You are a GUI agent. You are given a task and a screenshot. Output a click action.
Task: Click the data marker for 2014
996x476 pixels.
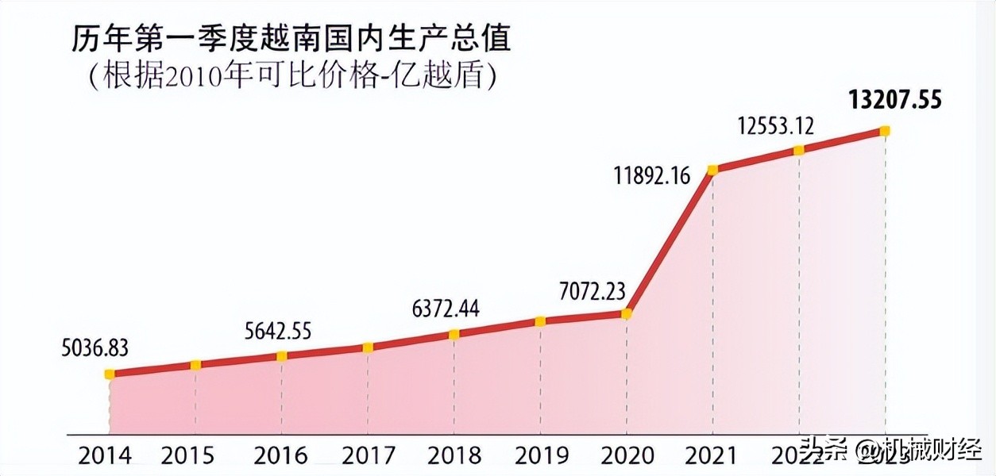[110, 374]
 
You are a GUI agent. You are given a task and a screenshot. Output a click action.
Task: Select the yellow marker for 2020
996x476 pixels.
[626, 313]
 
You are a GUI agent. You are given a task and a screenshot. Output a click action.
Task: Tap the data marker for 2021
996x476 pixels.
[712, 169]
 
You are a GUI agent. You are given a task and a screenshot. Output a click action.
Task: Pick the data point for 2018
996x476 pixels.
[454, 334]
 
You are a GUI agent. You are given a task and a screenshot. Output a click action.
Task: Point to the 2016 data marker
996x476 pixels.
[281, 355]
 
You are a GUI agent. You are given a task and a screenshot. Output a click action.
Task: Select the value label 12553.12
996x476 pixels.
[775, 126]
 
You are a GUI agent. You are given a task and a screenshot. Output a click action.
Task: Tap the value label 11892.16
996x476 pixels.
[652, 175]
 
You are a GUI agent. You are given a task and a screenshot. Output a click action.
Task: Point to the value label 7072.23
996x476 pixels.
[593, 292]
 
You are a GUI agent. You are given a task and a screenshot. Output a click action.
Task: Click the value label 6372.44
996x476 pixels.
[445, 309]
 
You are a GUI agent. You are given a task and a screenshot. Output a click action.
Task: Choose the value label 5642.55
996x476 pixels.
[280, 331]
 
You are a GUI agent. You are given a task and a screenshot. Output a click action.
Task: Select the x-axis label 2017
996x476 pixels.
[369, 455]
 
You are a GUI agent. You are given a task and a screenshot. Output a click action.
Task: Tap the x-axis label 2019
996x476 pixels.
[541, 455]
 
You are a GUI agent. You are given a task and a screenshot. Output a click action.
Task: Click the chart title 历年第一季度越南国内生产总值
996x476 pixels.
[291, 39]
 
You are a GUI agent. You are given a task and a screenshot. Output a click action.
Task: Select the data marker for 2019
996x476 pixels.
[540, 321]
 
